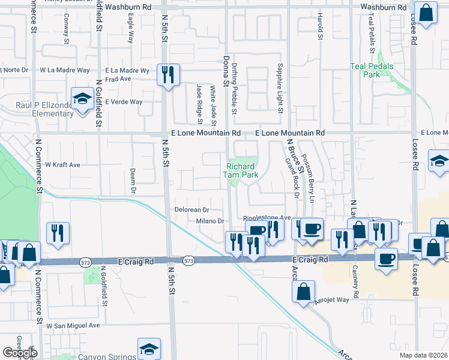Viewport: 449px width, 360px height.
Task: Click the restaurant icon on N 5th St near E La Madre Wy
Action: coord(166,75)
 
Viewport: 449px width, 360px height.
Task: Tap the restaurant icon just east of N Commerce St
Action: coord(58,233)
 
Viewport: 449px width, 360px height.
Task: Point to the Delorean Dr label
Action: coord(191,210)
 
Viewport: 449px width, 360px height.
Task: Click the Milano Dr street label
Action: coord(209,221)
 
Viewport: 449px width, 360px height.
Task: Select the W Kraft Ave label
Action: coord(62,164)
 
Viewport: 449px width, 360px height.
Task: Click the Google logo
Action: coord(20,353)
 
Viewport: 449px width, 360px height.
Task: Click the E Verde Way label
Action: coord(124,101)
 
